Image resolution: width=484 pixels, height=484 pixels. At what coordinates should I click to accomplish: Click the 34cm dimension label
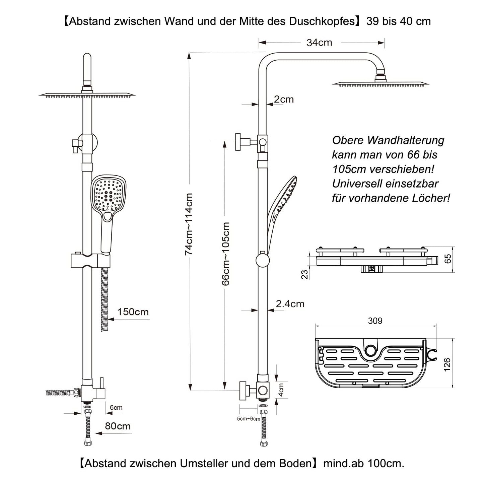(x=319, y=43)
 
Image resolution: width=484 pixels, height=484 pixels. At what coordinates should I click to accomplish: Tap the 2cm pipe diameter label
(x=284, y=99)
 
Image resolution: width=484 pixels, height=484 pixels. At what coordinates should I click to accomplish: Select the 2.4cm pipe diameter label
(x=290, y=304)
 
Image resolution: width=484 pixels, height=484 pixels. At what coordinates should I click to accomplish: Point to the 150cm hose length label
(x=133, y=312)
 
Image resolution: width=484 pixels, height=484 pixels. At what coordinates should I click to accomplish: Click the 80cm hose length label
(x=118, y=426)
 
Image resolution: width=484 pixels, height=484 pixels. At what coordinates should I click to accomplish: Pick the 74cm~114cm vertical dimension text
(x=189, y=224)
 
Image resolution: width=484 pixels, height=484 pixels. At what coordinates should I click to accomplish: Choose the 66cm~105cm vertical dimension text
(x=226, y=254)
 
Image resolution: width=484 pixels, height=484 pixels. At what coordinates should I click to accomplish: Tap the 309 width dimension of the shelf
(x=375, y=321)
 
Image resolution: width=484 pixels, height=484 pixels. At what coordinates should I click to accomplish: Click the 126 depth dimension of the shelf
(x=447, y=364)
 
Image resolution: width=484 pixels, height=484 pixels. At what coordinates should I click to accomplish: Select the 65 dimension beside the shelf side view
(x=448, y=259)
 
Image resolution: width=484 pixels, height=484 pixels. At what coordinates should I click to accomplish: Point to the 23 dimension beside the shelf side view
(x=304, y=274)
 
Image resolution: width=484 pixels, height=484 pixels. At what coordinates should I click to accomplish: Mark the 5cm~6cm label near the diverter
(x=249, y=419)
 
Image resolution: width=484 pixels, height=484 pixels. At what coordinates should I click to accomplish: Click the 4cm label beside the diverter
(x=281, y=390)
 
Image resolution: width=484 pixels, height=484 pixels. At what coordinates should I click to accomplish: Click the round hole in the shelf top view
(x=370, y=350)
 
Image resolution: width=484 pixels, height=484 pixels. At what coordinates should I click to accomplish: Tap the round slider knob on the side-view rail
(x=263, y=260)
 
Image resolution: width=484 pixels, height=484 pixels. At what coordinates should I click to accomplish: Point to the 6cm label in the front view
(x=116, y=408)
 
